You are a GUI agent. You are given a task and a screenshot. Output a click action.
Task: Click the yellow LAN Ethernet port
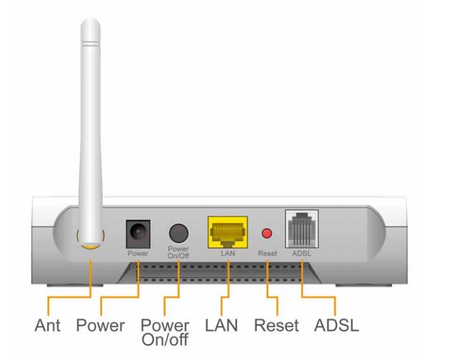click(227, 233)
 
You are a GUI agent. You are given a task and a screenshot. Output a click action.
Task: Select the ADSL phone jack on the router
click(301, 230)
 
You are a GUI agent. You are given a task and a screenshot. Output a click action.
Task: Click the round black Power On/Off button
click(178, 233)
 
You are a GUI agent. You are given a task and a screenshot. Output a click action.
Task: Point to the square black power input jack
click(138, 233)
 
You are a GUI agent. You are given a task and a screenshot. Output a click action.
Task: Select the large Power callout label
click(100, 325)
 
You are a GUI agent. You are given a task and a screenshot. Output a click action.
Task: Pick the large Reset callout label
click(276, 325)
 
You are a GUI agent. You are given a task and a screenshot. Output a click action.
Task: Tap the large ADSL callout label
click(336, 325)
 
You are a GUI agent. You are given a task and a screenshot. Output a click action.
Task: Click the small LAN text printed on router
click(227, 253)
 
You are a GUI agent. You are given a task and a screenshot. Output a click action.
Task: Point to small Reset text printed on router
click(267, 253)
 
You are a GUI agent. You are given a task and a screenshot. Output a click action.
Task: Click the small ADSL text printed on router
click(301, 253)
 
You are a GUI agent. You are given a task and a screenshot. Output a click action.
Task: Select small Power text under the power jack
click(138, 253)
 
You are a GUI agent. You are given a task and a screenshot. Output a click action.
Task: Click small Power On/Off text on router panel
click(178, 251)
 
